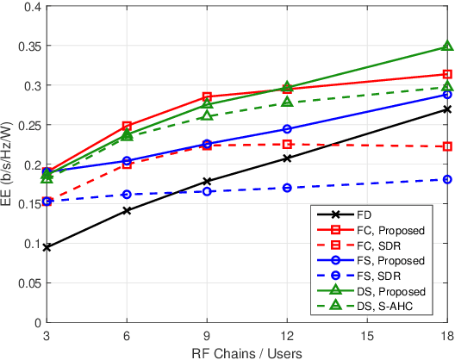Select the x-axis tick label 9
(207, 335)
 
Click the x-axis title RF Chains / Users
(246, 351)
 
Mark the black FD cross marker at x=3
(47, 247)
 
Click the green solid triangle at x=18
(447, 47)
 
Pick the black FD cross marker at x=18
(447, 109)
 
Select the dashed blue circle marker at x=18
(447, 179)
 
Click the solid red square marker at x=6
(127, 126)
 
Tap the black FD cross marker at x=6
(127, 210)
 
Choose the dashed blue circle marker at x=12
(287, 188)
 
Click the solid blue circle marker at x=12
(287, 129)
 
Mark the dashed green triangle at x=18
(447, 87)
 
